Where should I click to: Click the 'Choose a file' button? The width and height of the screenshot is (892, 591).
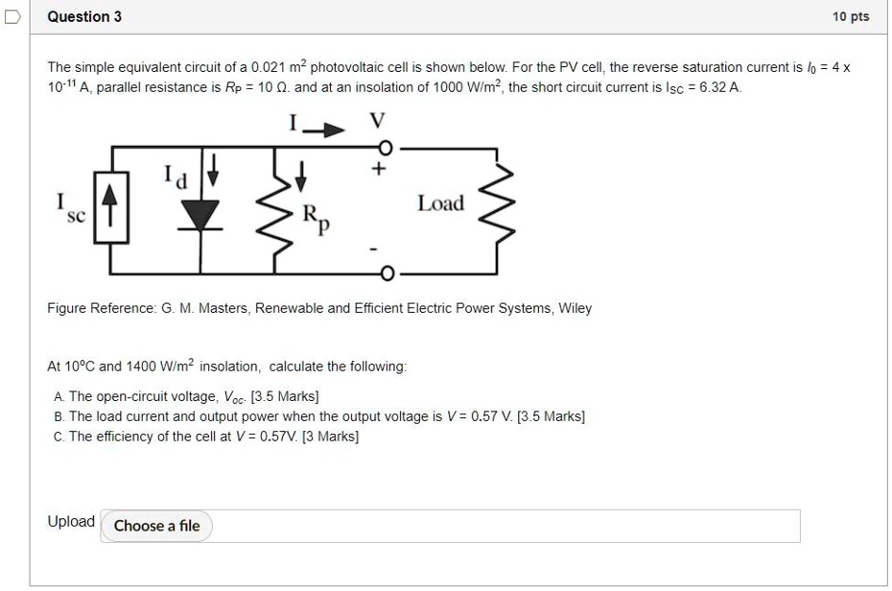tap(157, 526)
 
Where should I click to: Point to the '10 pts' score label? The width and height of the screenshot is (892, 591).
tap(851, 16)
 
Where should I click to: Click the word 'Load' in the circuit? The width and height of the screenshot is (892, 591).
tap(440, 203)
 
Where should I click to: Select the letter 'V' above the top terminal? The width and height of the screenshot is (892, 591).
tap(378, 121)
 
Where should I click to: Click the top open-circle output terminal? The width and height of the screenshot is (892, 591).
tap(387, 149)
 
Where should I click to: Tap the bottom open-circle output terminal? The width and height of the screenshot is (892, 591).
tap(387, 275)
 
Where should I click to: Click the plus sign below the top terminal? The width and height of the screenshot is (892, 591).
tap(380, 171)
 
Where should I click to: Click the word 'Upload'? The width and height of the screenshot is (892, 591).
tap(71, 522)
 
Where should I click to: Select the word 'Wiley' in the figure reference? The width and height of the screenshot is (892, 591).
tap(575, 308)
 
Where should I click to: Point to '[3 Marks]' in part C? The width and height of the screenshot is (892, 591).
tap(330, 437)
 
